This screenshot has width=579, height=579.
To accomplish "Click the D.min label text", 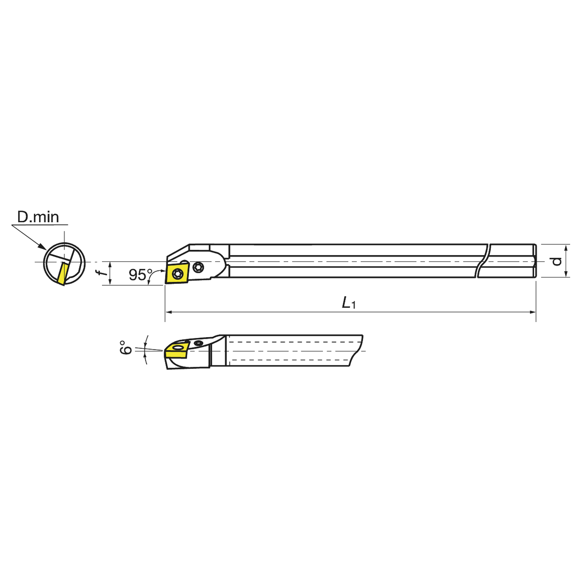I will [x=38, y=217].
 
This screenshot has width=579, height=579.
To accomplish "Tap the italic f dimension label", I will [x=99, y=273].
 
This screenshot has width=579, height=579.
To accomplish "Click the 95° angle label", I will [x=138, y=275].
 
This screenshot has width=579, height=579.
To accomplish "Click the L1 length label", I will [x=349, y=303].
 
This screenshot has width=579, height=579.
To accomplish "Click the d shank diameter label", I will [x=556, y=261].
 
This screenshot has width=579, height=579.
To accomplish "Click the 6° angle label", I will [x=125, y=347].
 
